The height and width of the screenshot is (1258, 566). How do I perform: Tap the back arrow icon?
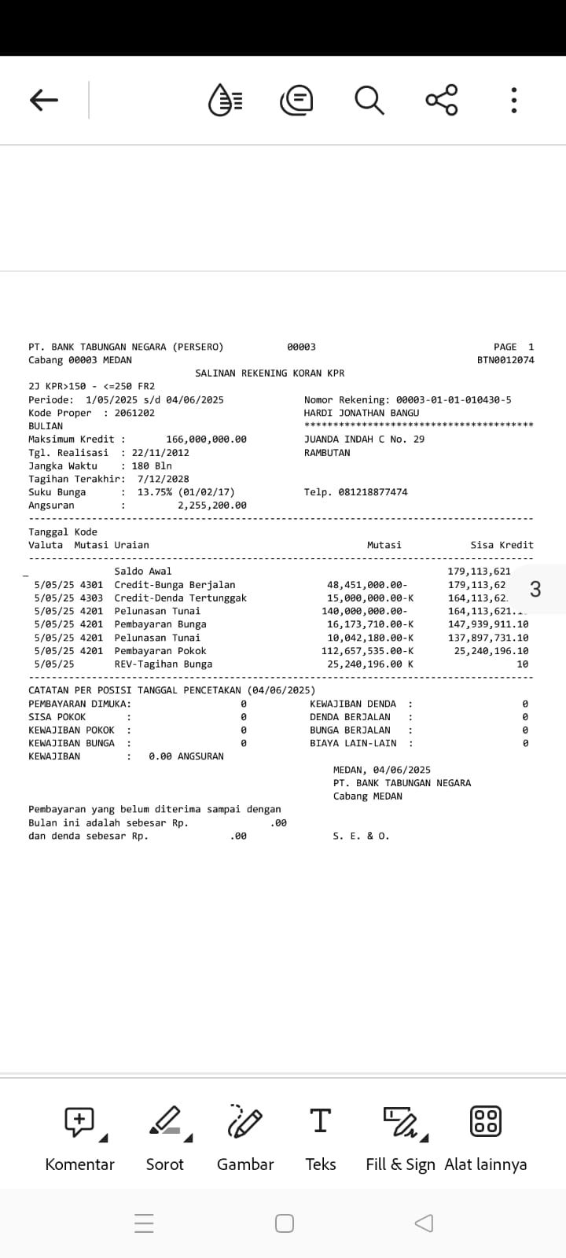point(44,100)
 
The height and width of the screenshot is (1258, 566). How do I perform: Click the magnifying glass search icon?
point(369,100)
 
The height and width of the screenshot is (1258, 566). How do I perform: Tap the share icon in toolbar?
point(442,100)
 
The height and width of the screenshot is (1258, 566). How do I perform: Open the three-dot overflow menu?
point(513,100)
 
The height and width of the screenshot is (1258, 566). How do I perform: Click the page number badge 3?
point(535,589)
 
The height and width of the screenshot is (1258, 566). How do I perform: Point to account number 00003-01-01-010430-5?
point(454,399)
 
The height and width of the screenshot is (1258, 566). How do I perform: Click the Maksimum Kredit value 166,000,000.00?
point(206,440)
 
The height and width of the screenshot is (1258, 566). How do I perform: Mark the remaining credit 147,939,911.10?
point(488,624)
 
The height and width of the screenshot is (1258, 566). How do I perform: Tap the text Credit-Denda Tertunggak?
point(180,598)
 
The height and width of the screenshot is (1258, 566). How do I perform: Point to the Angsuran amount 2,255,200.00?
point(211,506)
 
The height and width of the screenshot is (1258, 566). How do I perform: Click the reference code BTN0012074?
point(505,360)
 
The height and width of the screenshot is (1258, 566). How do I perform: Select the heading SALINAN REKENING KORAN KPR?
point(270,373)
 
